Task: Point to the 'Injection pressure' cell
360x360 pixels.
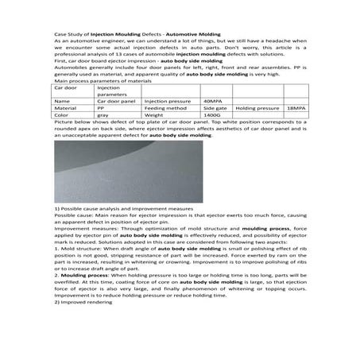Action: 168,102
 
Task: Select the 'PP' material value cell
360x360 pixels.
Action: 101,108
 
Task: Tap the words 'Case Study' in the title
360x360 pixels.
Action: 69,33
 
